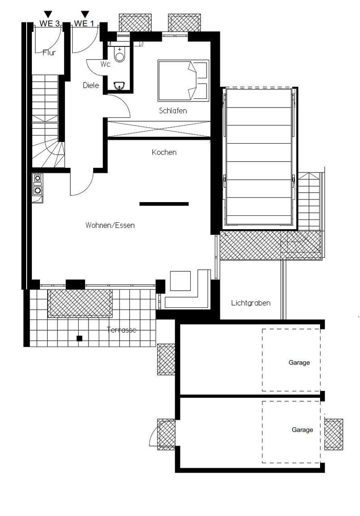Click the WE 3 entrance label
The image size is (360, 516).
click(49, 24)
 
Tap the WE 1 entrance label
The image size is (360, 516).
click(84, 24)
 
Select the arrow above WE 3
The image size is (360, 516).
click(48, 14)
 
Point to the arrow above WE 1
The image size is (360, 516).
click(85, 14)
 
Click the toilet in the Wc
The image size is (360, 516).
click(120, 54)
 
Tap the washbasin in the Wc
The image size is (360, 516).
click(119, 86)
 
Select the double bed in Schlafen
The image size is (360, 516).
click(183, 81)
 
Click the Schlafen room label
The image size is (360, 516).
click(173, 111)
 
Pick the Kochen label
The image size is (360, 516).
click(164, 152)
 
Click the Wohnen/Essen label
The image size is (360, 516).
click(110, 225)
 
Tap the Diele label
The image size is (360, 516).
click(91, 86)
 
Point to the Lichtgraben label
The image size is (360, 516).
click(250, 303)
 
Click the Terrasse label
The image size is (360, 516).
click(122, 330)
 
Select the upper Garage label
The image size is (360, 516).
click(299, 362)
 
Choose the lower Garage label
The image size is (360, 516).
click(302, 430)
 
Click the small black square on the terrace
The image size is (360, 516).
click(79, 338)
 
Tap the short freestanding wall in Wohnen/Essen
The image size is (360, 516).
click(164, 204)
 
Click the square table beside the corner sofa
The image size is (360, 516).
click(180, 281)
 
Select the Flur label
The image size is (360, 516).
click(49, 53)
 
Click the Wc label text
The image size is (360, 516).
click(105, 64)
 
